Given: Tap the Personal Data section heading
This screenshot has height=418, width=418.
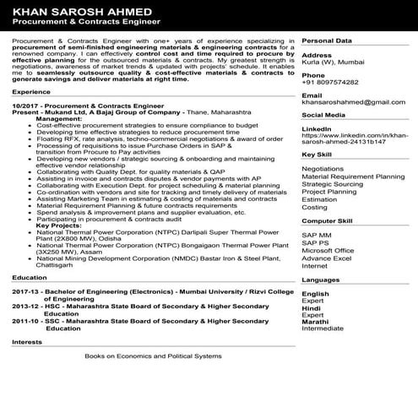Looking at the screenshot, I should [327, 41].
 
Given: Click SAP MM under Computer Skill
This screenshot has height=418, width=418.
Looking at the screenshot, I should [317, 235].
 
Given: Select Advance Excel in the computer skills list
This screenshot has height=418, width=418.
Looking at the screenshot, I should [326, 258].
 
